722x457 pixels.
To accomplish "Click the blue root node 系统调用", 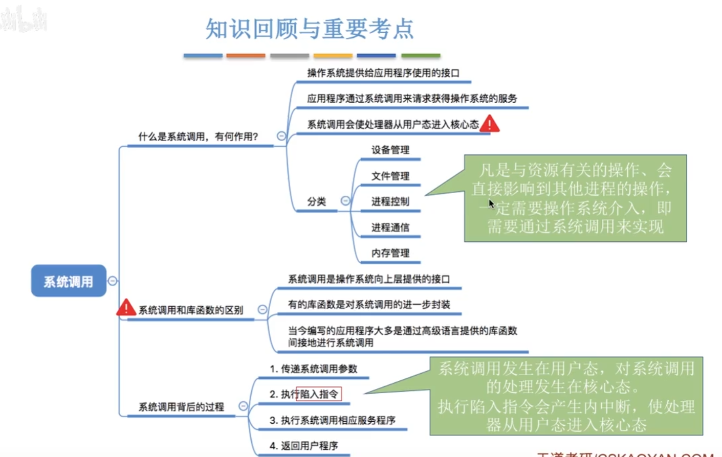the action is coord(69,281).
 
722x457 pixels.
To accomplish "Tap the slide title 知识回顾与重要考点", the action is coord(310,29).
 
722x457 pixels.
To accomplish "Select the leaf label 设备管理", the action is coord(390,150).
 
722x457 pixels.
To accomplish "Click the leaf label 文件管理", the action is coord(390,176).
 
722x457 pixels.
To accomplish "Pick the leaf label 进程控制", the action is coord(390,201).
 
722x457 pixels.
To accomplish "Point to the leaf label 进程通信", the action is coord(390,227).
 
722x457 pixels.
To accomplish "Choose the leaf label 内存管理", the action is coord(390,253).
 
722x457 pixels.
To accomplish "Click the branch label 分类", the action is coord(316,201).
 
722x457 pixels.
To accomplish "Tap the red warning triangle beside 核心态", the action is coord(490,124).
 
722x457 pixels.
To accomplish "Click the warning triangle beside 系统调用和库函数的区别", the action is coord(126,308).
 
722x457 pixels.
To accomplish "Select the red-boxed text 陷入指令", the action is coord(319,394).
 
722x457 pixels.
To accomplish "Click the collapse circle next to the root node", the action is coord(113,281).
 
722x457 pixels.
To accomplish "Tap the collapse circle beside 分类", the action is coord(345,201).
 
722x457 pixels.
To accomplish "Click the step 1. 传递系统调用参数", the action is coord(313,369).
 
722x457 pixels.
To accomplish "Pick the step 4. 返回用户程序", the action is coord(303,446).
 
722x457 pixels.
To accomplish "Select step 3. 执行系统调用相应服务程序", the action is coord(332,420).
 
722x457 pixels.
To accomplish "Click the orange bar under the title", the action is coord(246,56).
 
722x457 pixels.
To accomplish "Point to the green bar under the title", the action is coord(421,56).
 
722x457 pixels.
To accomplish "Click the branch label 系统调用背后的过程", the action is coord(181,407).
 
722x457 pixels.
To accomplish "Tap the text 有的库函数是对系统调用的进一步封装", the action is coord(369,305).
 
